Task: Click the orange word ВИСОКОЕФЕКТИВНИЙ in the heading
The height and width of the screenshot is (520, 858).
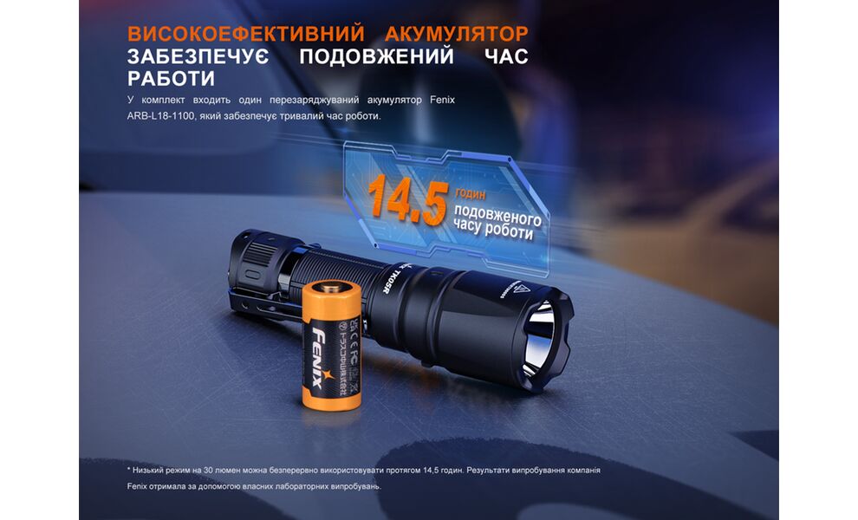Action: [234, 34]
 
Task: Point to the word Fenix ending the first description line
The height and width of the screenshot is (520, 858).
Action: [442, 101]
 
